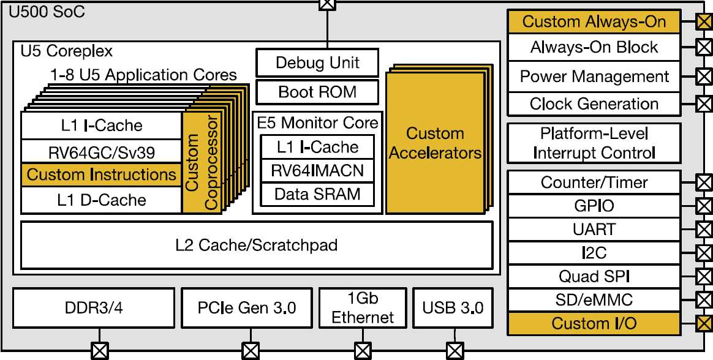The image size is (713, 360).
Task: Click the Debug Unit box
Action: tap(317, 62)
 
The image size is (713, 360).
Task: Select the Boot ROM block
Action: tap(317, 92)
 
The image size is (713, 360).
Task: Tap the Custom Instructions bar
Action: tap(102, 175)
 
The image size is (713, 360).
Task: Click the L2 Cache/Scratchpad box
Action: tap(257, 246)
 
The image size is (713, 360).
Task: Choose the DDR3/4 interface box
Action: tap(94, 307)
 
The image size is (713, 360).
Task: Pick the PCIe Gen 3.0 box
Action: tap(247, 307)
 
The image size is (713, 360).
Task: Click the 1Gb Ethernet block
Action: tap(363, 307)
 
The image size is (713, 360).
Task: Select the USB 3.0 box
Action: tap(453, 307)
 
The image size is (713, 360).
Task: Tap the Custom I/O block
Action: tap(594, 323)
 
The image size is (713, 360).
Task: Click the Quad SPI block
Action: tap(594, 276)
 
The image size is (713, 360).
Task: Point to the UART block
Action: tap(594, 230)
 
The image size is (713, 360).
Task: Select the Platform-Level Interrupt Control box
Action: tap(594, 143)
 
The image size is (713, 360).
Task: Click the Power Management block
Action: tap(594, 77)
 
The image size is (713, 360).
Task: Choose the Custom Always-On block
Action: tap(594, 22)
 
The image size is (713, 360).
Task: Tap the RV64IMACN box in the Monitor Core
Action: tap(317, 171)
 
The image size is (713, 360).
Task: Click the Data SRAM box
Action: tap(317, 195)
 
